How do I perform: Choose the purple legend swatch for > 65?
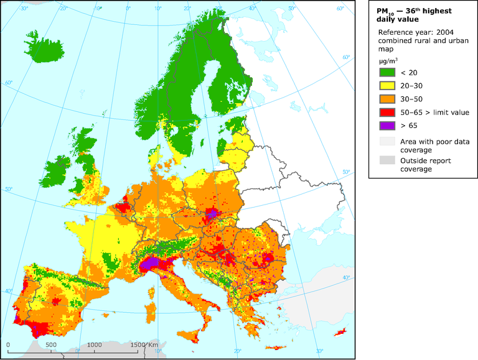[387, 142]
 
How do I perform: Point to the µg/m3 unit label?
[389, 61]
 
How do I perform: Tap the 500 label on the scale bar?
[51, 345]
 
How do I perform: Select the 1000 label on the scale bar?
[94, 345]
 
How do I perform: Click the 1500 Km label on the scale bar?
[144, 345]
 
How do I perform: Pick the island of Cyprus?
[340, 335]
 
